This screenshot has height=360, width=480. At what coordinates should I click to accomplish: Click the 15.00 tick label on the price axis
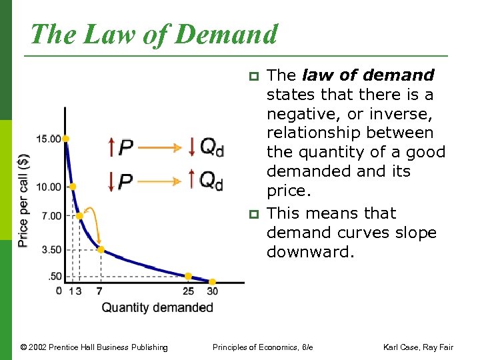49,139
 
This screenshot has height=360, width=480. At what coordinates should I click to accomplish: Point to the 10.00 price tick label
49,187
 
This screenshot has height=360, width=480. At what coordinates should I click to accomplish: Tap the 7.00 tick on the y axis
51,216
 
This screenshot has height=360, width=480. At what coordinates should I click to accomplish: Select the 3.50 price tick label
51,250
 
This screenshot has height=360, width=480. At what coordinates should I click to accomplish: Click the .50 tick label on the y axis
54,277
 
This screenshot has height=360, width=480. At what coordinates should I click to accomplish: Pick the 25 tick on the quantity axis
188,291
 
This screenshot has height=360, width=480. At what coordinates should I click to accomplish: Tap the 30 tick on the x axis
213,291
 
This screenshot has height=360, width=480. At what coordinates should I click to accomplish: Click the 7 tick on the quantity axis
99,291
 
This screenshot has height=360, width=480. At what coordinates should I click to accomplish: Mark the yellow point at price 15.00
65,139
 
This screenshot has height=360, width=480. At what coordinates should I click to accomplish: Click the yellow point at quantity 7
101,250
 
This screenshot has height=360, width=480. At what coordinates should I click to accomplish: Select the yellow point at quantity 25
188,276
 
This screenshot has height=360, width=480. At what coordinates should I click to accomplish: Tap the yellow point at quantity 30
213,282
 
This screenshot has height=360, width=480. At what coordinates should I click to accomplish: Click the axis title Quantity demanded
157,307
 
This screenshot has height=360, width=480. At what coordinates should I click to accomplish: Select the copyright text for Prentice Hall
94,347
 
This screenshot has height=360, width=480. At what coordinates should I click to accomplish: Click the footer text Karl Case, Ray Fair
417,347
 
